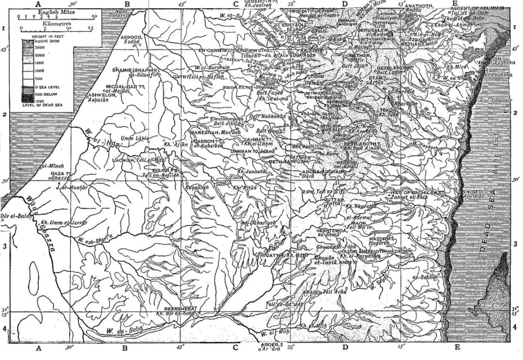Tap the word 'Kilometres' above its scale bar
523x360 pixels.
coord(54,22)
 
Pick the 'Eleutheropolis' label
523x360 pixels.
coord(223,119)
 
